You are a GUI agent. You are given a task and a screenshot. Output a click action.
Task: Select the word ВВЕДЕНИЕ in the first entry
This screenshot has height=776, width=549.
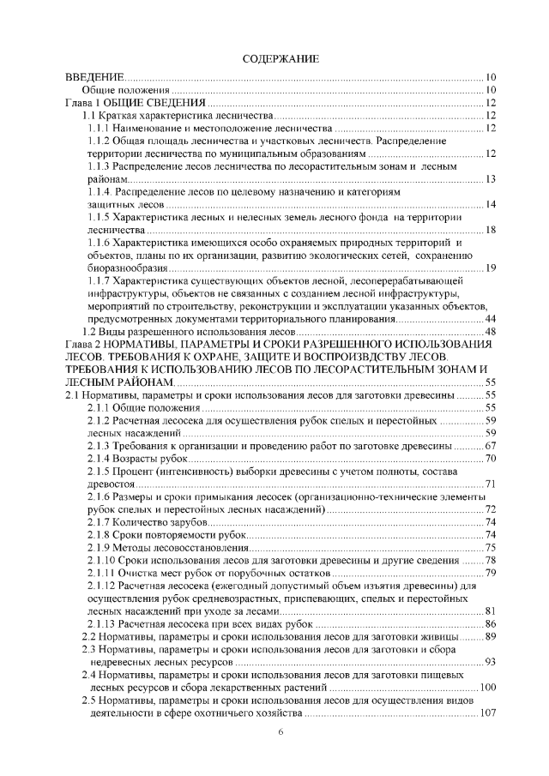[95, 78]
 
